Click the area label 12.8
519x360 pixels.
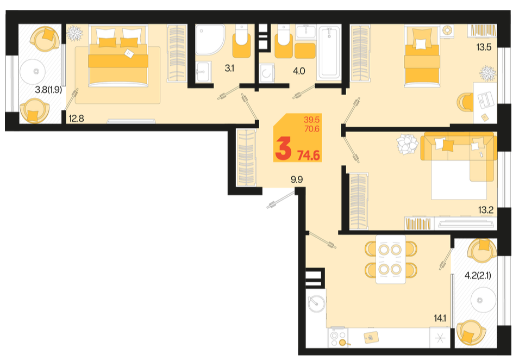pyautogui.click(x=76, y=118)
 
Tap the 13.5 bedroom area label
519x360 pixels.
pyautogui.click(x=484, y=47)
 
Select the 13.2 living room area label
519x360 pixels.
pyautogui.click(x=485, y=210)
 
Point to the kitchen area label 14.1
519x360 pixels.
pyautogui.click(x=440, y=319)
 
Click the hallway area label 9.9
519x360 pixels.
pyautogui.click(x=297, y=180)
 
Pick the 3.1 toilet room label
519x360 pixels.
pyautogui.click(x=229, y=69)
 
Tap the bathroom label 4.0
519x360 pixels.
pyautogui.click(x=299, y=71)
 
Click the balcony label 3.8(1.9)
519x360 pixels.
pyautogui.click(x=48, y=90)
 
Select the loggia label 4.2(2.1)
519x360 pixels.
pyautogui.click(x=478, y=275)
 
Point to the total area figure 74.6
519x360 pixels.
pyautogui.click(x=309, y=156)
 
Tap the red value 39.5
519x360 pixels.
pyautogui.click(x=311, y=120)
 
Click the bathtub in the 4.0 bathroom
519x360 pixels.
pyautogui.click(x=329, y=53)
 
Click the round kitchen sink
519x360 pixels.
pyautogui.click(x=316, y=303)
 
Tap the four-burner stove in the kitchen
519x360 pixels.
pyautogui.click(x=338, y=338)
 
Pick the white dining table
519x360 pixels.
pyautogui.click(x=391, y=259)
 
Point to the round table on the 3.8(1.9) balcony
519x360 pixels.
pyautogui.click(x=35, y=71)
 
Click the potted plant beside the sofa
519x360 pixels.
pyautogui.click(x=408, y=144)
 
